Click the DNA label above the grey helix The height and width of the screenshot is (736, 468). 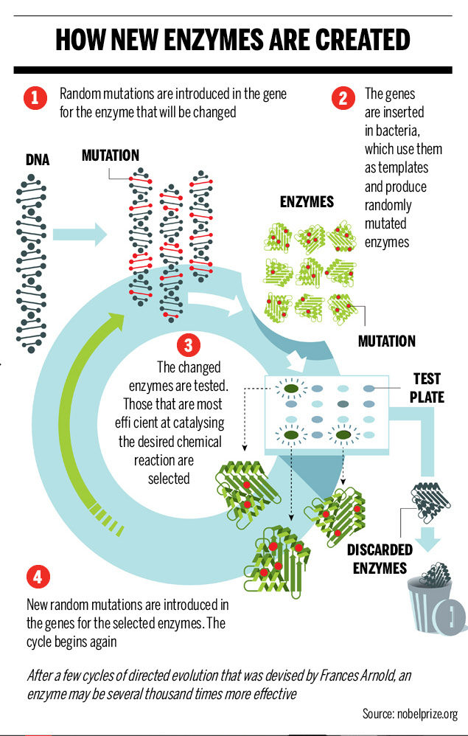click(x=38, y=159)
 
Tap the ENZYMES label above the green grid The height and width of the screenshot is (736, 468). click(x=307, y=202)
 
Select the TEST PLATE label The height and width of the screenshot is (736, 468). click(x=427, y=388)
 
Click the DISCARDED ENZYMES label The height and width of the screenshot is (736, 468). click(x=380, y=559)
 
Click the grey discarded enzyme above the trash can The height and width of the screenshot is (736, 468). click(x=433, y=501)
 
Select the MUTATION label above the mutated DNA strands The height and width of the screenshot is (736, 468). click(x=111, y=156)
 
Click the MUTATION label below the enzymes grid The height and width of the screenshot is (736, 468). click(x=386, y=341)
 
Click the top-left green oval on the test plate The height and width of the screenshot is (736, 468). click(x=291, y=388)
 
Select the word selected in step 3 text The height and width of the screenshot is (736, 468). click(x=169, y=478)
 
